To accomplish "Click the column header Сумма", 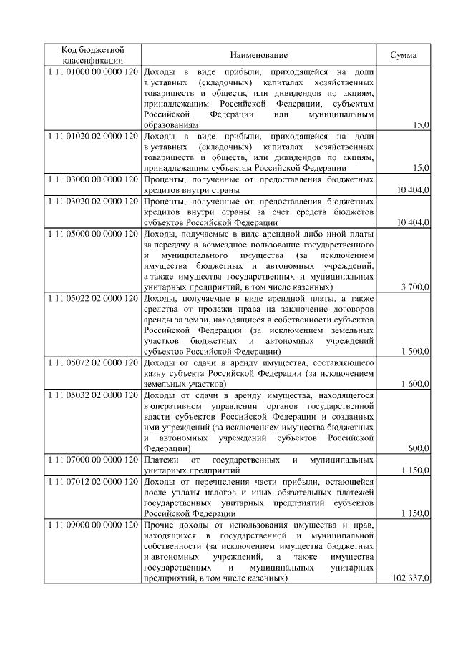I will (x=404, y=56).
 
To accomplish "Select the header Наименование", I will (x=258, y=56).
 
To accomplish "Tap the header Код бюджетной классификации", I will (x=93, y=56).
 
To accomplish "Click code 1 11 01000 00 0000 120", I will (x=93, y=72).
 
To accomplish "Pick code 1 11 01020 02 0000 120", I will (x=93, y=135).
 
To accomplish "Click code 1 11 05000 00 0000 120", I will (x=93, y=234).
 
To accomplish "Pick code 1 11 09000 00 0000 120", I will (x=93, y=525).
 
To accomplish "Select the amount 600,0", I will (x=418, y=448).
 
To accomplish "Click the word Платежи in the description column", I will (x=160, y=459).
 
